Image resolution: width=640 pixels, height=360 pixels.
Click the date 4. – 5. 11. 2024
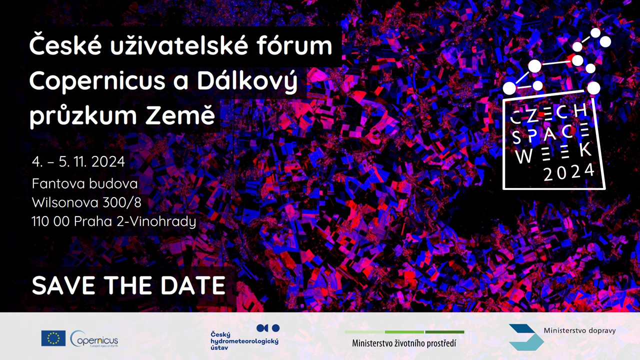coord(78,162)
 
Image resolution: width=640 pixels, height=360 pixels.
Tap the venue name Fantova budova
coord(84,184)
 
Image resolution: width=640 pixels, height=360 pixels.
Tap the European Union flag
coord(53,338)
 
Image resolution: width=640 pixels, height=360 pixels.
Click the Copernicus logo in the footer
coord(94,339)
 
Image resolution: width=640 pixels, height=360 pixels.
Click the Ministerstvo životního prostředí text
coord(404,343)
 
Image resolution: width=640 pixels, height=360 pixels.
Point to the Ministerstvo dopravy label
coord(579,330)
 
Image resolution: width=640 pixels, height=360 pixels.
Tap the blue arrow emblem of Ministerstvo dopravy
coord(525,337)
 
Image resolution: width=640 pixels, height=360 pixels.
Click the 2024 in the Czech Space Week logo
coord(568,172)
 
